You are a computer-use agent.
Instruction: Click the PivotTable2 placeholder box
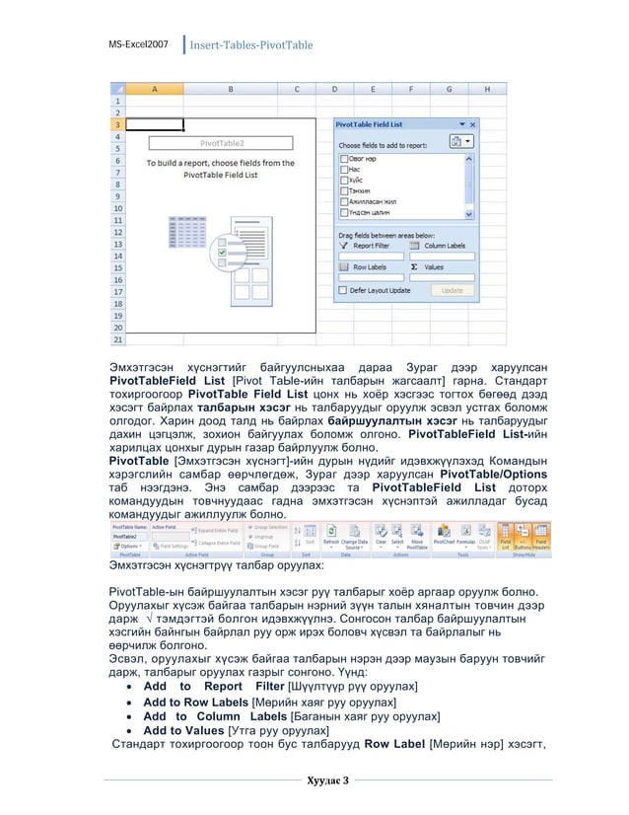[223, 143]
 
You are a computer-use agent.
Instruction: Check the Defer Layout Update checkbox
[343, 291]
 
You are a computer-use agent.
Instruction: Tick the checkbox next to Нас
[343, 170]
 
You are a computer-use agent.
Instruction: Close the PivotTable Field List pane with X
[472, 124]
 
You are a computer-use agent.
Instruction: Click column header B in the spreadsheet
[231, 88]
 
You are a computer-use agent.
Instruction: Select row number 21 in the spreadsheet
[118, 339]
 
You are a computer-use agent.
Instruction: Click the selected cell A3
[156, 125]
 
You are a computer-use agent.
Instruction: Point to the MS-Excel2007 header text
[139, 45]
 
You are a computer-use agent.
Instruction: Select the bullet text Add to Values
[184, 731]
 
